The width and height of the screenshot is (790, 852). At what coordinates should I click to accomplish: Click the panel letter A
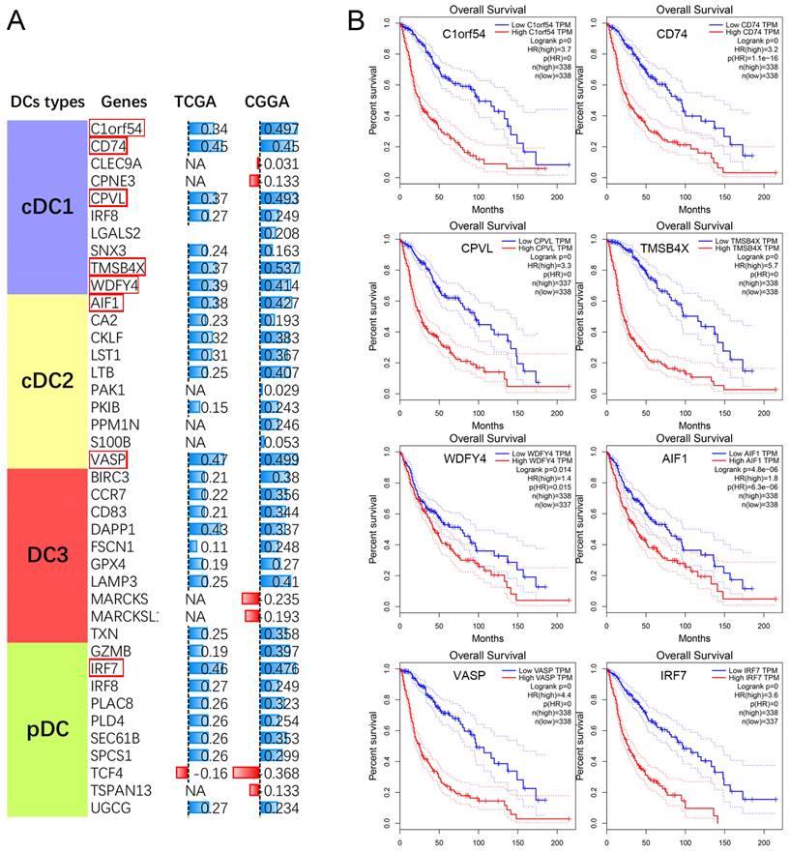coord(16,20)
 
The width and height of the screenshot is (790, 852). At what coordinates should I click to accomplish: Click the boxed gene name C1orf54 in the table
coord(117,129)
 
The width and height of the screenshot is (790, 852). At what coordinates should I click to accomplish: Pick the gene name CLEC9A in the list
coord(116,163)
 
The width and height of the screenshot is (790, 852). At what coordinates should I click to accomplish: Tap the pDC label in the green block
coord(46,728)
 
